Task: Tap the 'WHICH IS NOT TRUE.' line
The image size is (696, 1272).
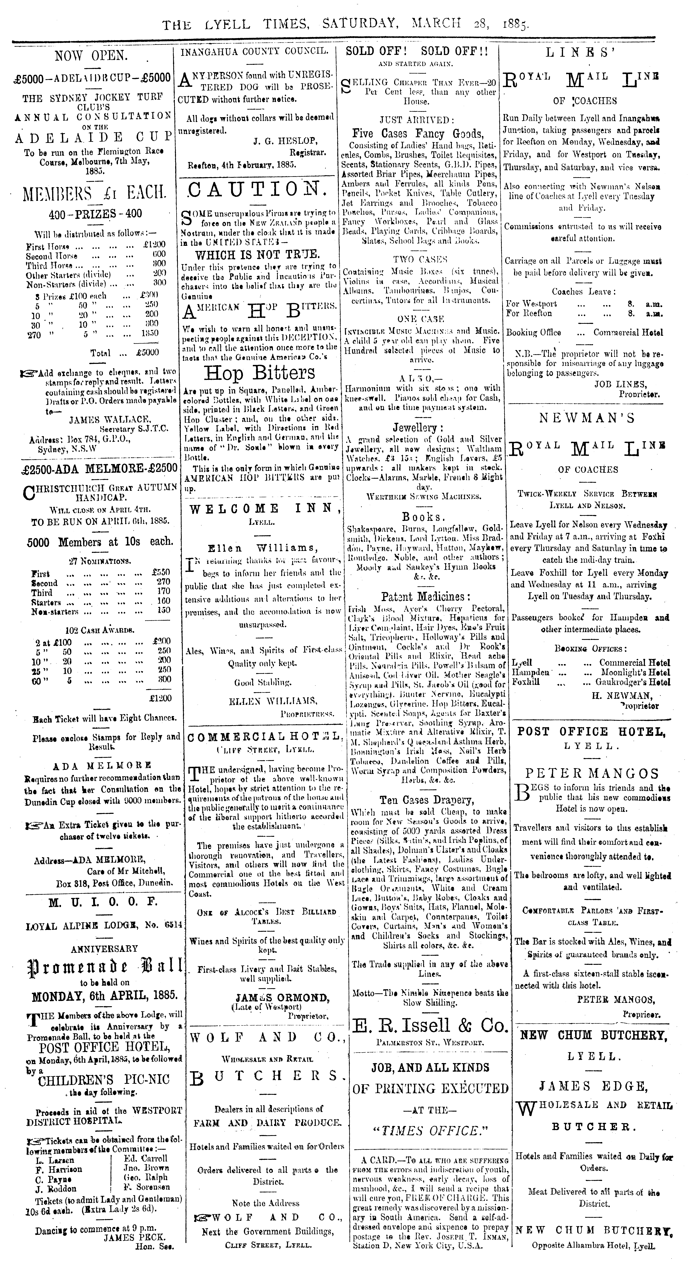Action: (257, 255)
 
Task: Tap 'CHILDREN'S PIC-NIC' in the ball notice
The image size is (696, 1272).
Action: (104, 1078)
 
